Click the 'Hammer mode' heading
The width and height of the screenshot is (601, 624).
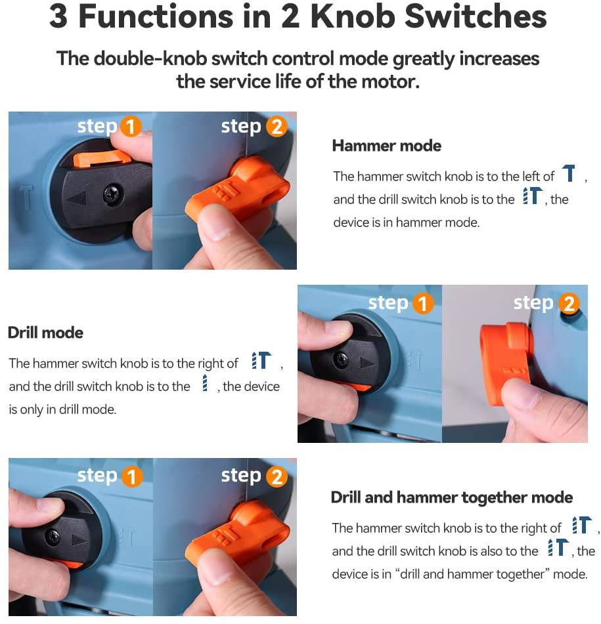point(386,146)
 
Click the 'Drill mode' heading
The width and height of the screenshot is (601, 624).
point(45,333)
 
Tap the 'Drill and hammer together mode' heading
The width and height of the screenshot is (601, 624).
point(452,497)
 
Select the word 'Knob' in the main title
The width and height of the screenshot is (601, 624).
point(353,16)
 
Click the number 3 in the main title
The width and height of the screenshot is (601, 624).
point(58,16)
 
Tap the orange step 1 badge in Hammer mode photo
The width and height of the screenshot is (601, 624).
point(131,127)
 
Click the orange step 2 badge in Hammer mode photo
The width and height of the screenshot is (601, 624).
point(277,127)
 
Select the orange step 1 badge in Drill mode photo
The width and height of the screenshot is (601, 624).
point(422,303)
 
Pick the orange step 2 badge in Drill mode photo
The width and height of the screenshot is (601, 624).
point(569,303)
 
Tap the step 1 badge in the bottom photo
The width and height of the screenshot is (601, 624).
point(132,476)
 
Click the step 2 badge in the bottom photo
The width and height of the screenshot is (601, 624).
point(277,476)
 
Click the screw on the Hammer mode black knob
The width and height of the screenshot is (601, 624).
point(113,194)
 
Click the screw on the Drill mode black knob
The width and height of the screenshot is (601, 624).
point(342,360)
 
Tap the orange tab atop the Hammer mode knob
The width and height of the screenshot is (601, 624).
point(102,157)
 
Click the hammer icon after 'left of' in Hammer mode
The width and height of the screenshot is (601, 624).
point(569,173)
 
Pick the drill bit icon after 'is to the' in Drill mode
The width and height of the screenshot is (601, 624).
point(205,383)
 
